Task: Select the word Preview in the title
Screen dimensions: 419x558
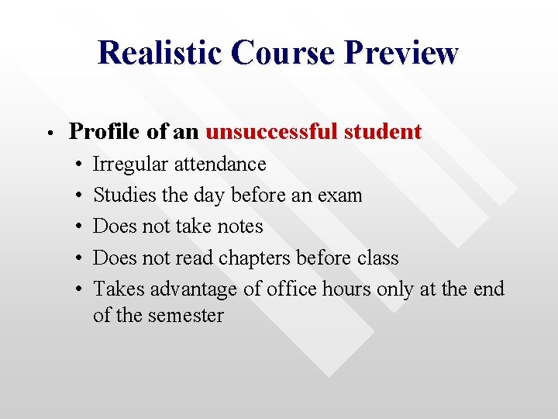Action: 401,53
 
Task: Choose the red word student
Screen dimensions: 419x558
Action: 382,132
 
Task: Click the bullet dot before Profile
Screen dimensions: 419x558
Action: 48,133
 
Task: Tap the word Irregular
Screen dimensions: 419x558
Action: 130,164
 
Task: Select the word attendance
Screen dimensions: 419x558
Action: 220,164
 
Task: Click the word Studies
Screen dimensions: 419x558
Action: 125,196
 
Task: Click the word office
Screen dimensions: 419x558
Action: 292,289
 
